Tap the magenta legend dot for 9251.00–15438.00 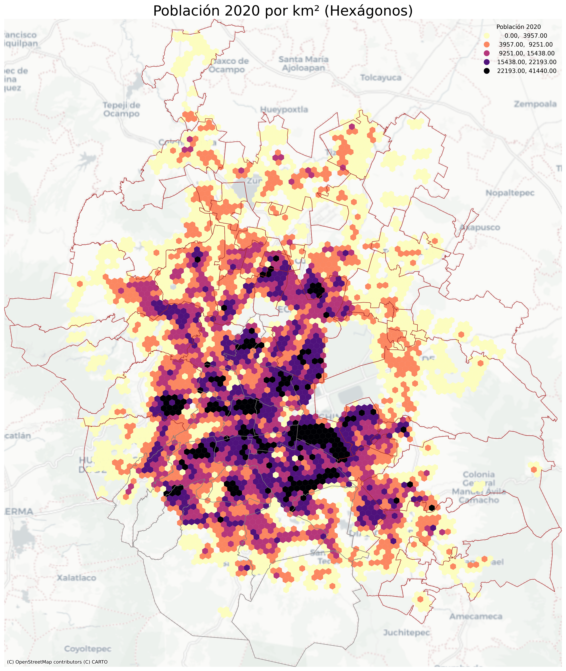tap(487, 53)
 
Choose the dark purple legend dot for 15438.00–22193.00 tap(487, 62)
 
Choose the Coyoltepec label tap(88, 649)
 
